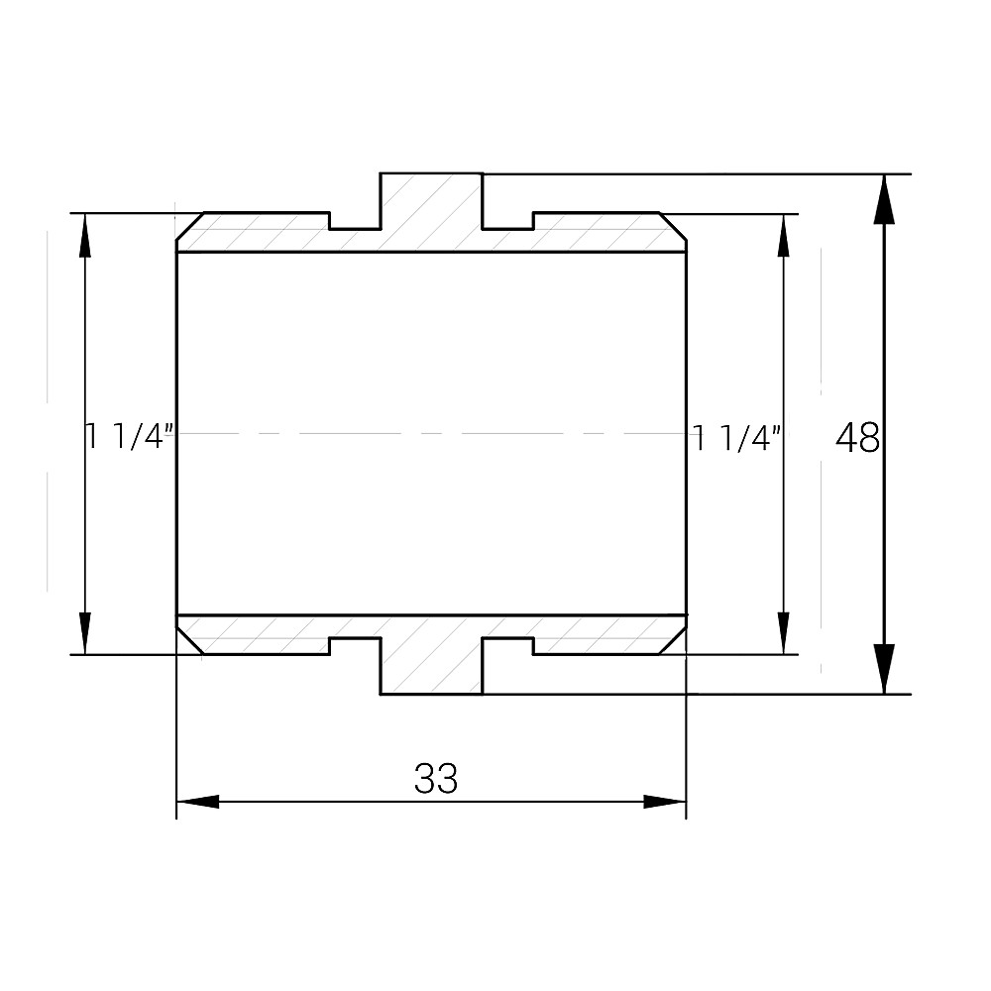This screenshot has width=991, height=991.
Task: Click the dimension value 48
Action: [x=857, y=437]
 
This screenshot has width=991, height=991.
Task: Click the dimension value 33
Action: [x=435, y=778]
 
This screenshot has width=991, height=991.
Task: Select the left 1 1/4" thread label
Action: [x=130, y=437]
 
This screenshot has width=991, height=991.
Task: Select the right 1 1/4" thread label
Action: [x=737, y=438]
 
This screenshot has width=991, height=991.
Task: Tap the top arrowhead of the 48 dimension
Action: [x=884, y=199]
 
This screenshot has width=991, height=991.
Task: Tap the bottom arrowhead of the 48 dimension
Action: [x=884, y=669]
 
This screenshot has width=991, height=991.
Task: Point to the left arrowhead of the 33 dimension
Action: [x=198, y=802]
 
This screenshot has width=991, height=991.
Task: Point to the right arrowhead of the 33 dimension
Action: [x=664, y=802]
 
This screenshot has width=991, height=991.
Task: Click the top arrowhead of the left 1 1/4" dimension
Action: [x=84, y=235]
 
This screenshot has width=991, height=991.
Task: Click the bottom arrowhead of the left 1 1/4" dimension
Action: [x=84, y=632]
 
